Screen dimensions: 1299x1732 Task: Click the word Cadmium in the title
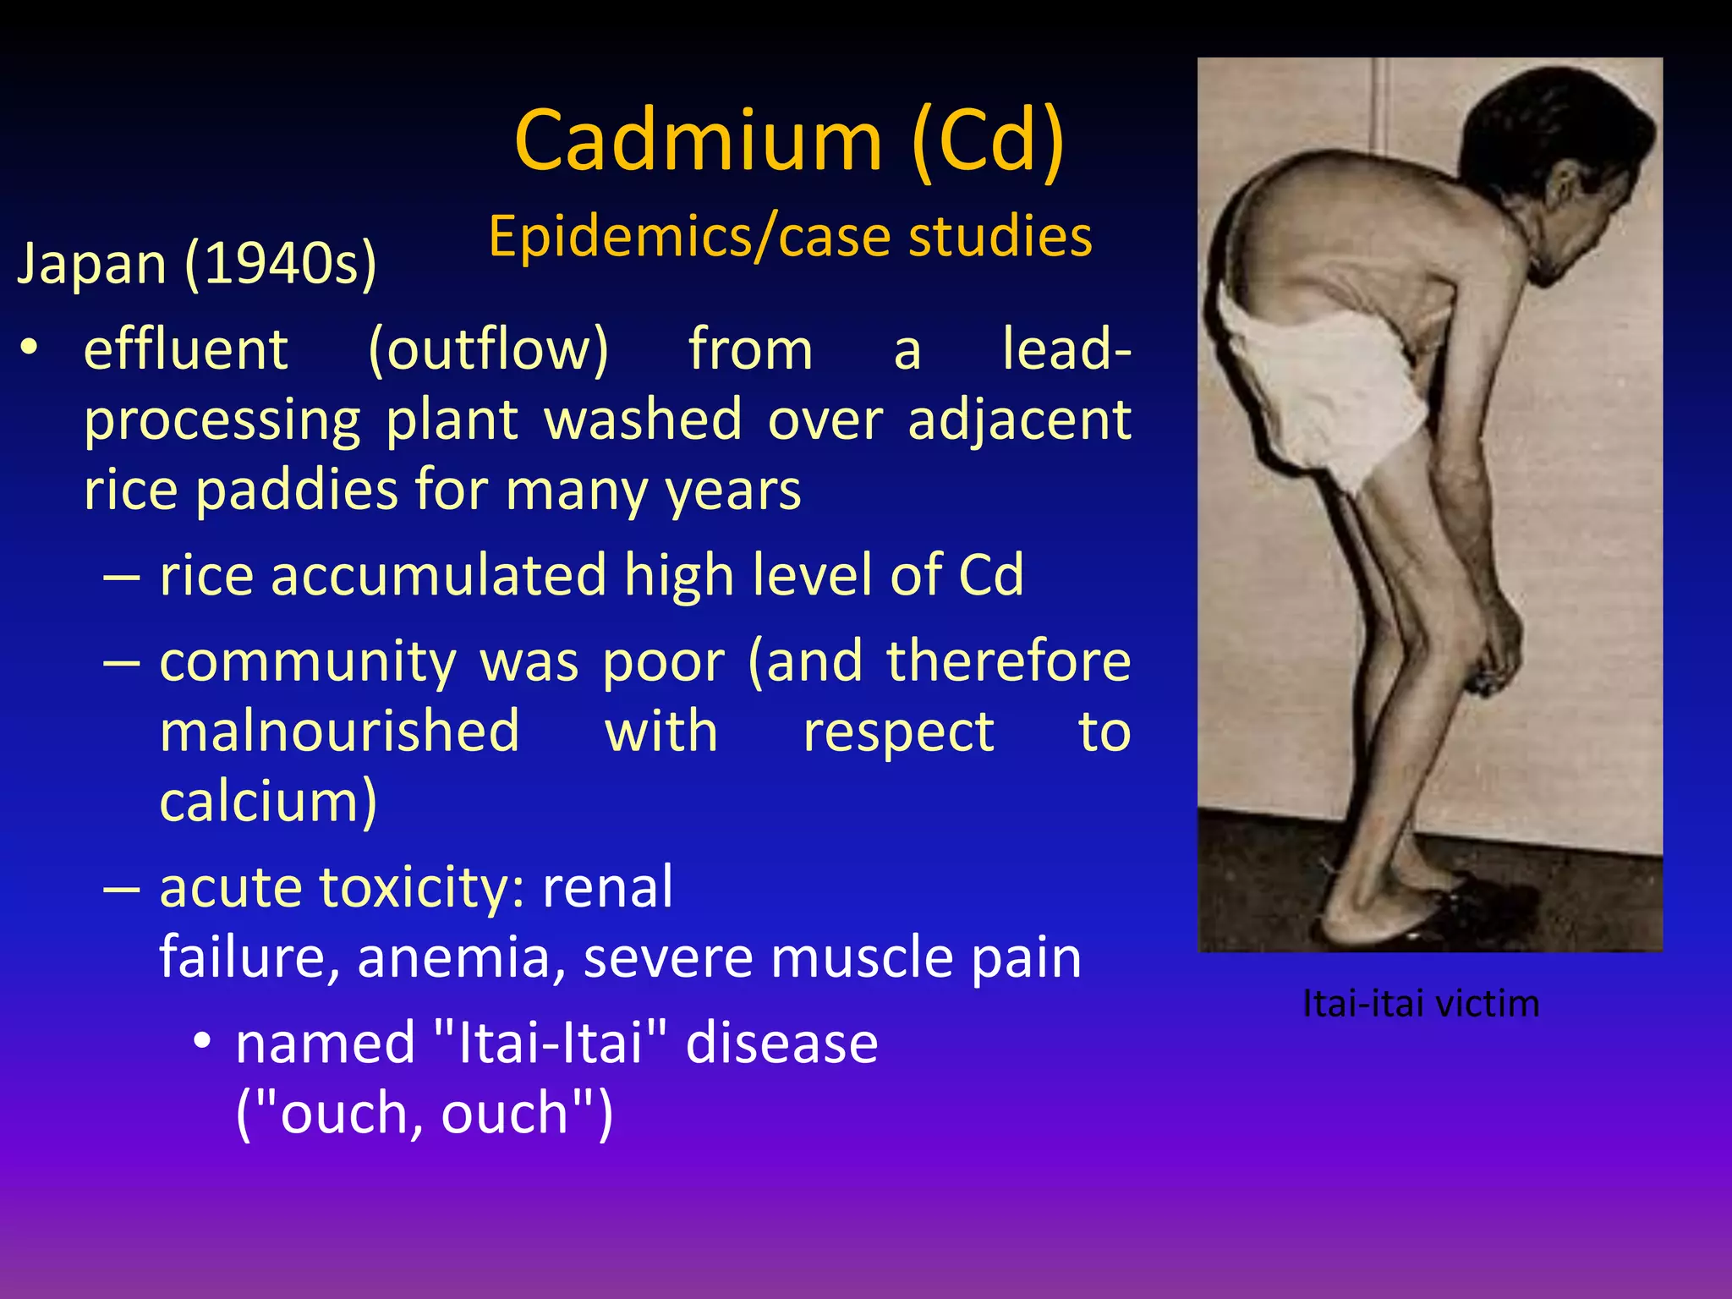click(699, 141)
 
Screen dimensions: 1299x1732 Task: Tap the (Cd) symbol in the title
click(989, 141)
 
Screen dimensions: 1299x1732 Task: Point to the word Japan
click(92, 264)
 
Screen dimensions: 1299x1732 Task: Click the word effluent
click(186, 349)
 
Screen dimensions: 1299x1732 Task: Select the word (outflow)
click(488, 349)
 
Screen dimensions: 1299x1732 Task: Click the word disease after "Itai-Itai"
click(781, 1043)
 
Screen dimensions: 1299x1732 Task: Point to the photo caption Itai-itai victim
click(1421, 1004)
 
